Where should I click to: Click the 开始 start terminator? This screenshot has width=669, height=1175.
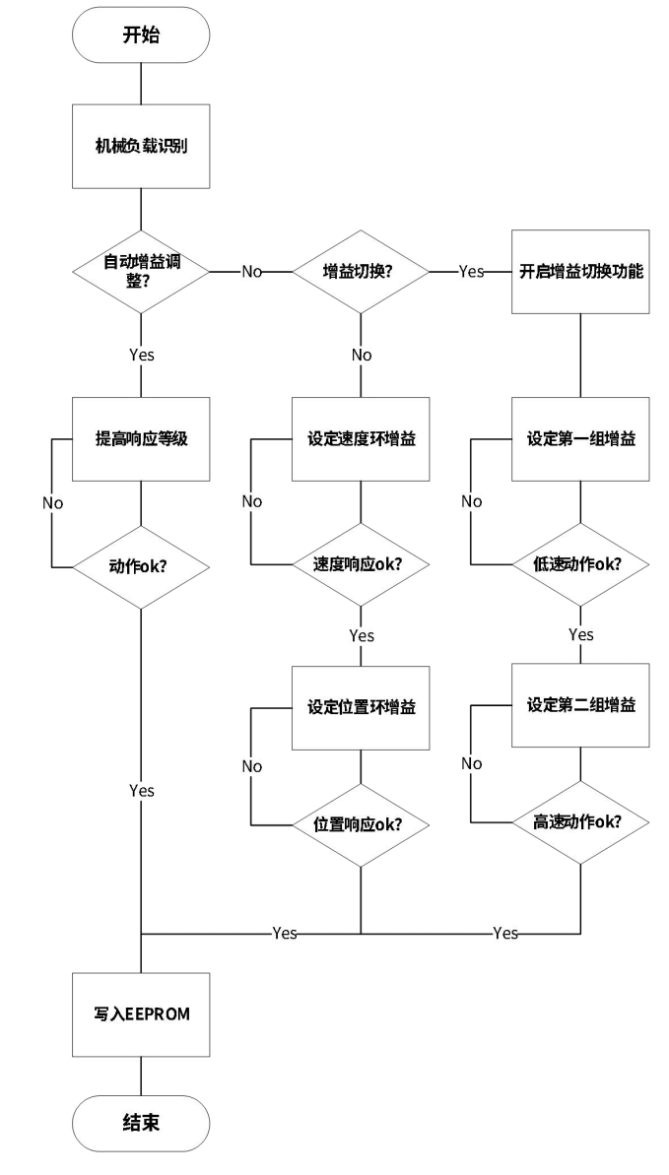[x=141, y=36]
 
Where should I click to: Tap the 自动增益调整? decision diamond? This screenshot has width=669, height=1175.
[x=141, y=271]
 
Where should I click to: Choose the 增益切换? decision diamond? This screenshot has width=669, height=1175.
[x=360, y=271]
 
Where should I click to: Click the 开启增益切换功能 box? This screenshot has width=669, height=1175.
[x=580, y=271]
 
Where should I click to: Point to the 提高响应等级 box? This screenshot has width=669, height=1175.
[x=141, y=439]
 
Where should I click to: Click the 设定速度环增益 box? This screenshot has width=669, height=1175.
[x=360, y=439]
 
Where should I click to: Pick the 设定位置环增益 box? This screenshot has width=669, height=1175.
[x=360, y=707]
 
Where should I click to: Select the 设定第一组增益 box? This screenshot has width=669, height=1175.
[x=580, y=439]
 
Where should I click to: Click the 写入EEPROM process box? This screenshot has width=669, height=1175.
[x=141, y=1014]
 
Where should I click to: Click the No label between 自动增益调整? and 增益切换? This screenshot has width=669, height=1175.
[x=252, y=272]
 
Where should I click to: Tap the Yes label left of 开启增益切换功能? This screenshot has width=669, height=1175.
[x=471, y=272]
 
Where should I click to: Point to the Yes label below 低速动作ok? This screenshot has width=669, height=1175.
[x=581, y=635]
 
